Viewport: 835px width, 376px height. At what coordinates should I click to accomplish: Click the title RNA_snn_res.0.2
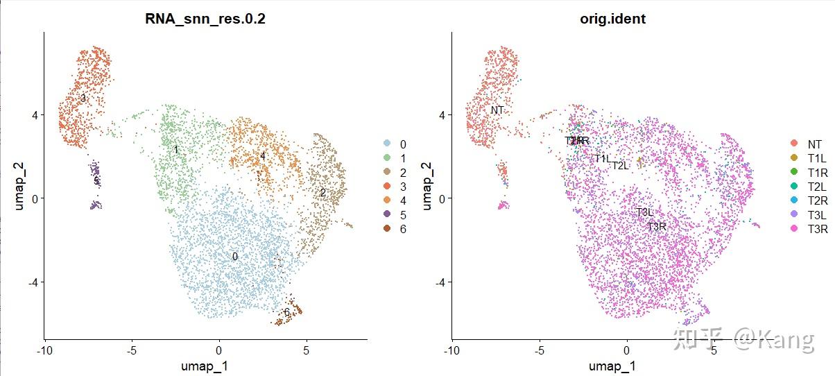pos(206,19)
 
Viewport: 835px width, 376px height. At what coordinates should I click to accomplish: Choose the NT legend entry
pos(807,144)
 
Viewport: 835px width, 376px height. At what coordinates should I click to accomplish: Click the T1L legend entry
pos(807,158)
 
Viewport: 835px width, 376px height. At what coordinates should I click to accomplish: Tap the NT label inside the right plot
pos(497,110)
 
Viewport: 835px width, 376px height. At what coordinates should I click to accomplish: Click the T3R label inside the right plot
pos(657,226)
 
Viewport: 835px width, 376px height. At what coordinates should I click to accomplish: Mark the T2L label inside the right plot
pos(619,165)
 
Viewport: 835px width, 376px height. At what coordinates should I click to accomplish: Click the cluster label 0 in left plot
pos(235,256)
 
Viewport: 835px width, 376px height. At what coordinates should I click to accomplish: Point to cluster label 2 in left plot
pos(322,193)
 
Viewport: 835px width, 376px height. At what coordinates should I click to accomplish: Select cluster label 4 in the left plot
pos(263,156)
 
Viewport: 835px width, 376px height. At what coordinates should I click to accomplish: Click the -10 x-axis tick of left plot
pos(44,350)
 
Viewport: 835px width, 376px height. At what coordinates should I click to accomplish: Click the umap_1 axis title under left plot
pos(206,365)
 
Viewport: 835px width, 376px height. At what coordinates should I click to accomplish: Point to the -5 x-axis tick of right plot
pos(539,350)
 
